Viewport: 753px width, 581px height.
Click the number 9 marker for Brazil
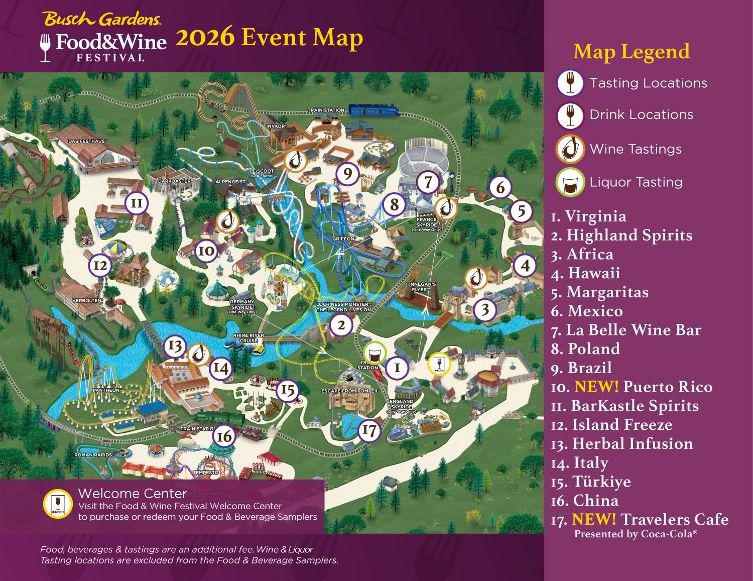[x=347, y=174]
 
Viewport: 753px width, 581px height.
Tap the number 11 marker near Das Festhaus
[x=137, y=203]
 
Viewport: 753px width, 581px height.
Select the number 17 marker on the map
[x=369, y=430]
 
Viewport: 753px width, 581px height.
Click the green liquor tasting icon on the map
[x=374, y=354]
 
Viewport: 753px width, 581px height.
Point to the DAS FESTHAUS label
[x=87, y=141]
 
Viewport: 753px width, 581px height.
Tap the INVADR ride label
[x=276, y=127]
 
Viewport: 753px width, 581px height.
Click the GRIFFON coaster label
[x=344, y=239]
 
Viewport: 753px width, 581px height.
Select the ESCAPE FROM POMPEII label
[x=350, y=391]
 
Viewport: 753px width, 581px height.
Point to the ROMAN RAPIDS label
[x=93, y=455]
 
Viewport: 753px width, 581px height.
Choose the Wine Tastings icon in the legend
[x=570, y=149]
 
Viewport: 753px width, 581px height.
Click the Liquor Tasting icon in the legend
[x=570, y=182]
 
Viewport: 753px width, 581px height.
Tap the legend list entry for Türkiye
[x=591, y=482]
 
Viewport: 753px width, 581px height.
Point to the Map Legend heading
[x=631, y=52]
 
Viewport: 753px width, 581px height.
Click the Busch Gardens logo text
[x=102, y=19]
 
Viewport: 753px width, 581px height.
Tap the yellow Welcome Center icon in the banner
[x=58, y=504]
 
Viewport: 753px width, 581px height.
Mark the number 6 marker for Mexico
[x=500, y=187]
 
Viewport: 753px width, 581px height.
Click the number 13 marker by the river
[x=175, y=345]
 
